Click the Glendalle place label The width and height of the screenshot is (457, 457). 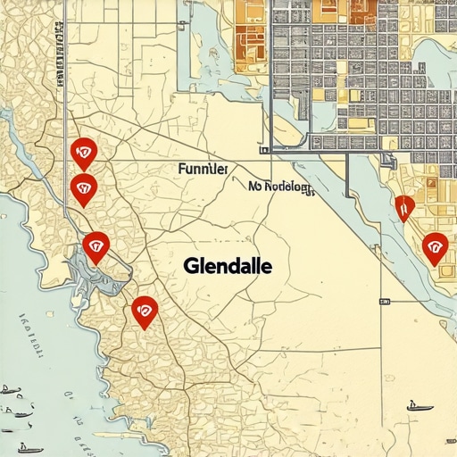228,266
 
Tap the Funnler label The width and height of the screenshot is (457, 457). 203,168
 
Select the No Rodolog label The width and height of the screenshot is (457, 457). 280,187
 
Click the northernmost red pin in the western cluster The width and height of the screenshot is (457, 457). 84,153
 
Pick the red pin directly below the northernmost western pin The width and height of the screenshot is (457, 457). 83,188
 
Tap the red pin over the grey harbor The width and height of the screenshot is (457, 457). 96,246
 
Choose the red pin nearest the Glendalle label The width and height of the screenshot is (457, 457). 144,311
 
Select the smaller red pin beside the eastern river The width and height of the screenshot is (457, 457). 404,207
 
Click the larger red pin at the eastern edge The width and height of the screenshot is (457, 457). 435,247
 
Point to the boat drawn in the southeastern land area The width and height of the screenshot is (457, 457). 419,406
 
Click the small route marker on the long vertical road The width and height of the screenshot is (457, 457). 383,301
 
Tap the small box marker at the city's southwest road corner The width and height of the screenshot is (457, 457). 263,150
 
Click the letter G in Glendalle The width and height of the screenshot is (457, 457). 190,266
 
